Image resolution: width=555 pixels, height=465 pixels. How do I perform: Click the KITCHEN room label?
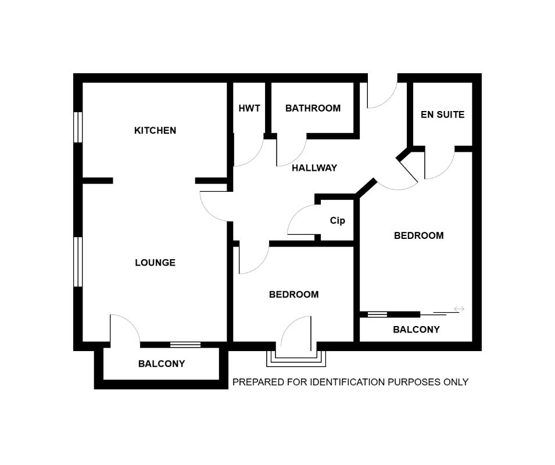pyautogui.click(x=155, y=130)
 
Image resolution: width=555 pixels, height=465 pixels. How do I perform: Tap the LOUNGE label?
pyautogui.click(x=155, y=263)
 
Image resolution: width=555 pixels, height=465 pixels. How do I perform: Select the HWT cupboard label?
pyautogui.click(x=249, y=108)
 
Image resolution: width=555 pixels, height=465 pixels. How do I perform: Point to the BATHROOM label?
pyautogui.click(x=313, y=108)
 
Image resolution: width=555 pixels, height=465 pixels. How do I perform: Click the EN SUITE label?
pyautogui.click(x=442, y=115)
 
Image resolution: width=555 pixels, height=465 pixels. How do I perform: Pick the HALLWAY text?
pyautogui.click(x=314, y=168)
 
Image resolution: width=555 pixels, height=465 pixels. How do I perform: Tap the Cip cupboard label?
pyautogui.click(x=337, y=221)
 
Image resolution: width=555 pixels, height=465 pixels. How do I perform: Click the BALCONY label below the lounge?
pyautogui.click(x=161, y=364)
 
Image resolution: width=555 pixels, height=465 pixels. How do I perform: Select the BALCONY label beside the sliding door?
pyautogui.click(x=416, y=330)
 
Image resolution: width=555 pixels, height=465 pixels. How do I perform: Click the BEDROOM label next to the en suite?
pyautogui.click(x=418, y=235)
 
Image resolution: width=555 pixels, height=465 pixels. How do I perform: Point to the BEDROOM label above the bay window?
pyautogui.click(x=293, y=295)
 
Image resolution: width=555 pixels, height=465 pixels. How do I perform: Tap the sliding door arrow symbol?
pyautogui.click(x=459, y=309)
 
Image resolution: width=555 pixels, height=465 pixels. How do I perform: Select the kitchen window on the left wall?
pyautogui.click(x=77, y=127)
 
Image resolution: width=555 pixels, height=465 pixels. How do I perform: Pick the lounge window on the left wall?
pyautogui.click(x=77, y=262)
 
